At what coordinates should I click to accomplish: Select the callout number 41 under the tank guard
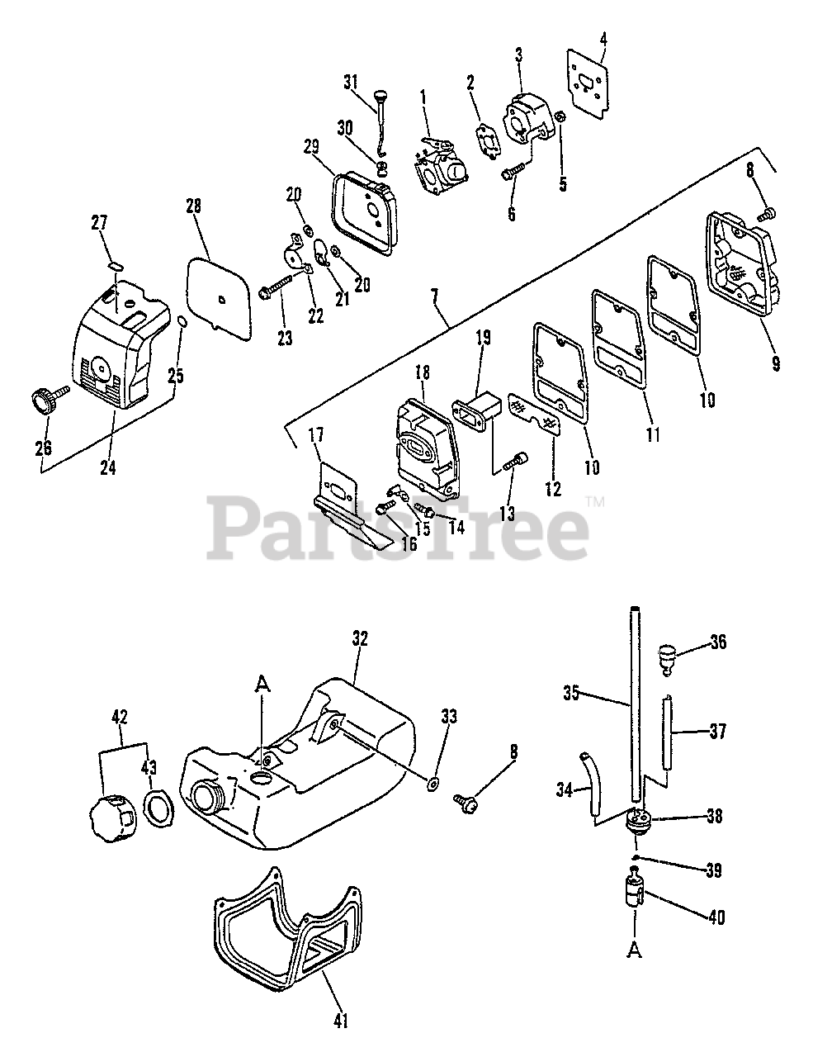pyautogui.click(x=341, y=1021)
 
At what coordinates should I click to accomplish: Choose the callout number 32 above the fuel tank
pyautogui.click(x=360, y=638)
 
